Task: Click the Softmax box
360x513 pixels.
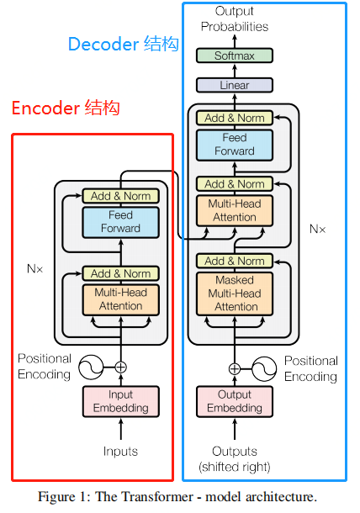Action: pyautogui.click(x=235, y=56)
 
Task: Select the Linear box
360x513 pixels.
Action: pyautogui.click(x=235, y=85)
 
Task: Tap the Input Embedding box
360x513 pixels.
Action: pyautogui.click(x=120, y=401)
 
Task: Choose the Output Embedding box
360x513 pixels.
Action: pyautogui.click(x=235, y=401)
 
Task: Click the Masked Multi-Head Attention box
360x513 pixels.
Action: pyautogui.click(x=235, y=294)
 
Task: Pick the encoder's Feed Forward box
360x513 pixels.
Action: pyautogui.click(x=120, y=222)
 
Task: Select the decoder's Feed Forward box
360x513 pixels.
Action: pyautogui.click(x=235, y=145)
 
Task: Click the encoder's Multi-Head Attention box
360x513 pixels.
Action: pyautogui.click(x=120, y=299)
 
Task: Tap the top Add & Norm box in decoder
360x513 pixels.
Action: pyautogui.click(x=235, y=118)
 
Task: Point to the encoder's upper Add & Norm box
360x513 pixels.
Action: pyautogui.click(x=120, y=196)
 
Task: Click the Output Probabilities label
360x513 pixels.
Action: pyautogui.click(x=235, y=19)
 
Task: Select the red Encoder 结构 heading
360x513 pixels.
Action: pyautogui.click(x=66, y=108)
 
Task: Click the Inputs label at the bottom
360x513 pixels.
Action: pyautogui.click(x=120, y=452)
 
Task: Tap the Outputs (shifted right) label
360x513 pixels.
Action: pyautogui.click(x=235, y=458)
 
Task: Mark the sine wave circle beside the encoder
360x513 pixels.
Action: pyautogui.click(x=89, y=367)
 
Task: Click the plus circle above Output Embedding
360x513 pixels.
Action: pyautogui.click(x=235, y=368)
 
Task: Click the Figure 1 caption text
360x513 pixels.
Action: pyautogui.click(x=177, y=496)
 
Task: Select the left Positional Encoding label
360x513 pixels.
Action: pyautogui.click(x=45, y=367)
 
